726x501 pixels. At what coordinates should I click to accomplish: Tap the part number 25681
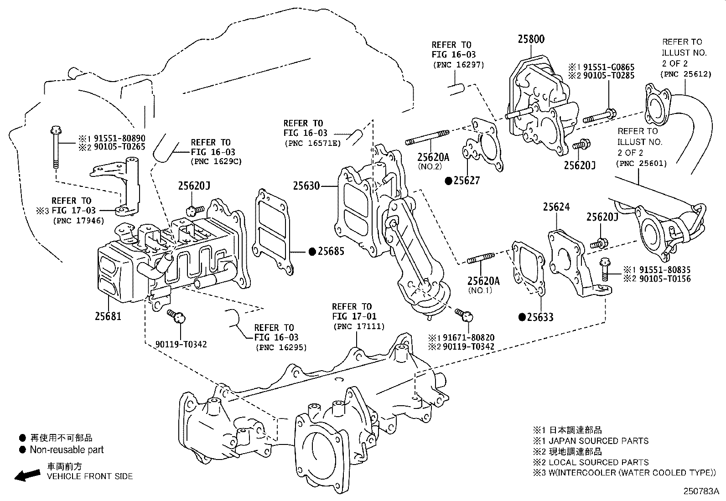pyautogui.click(x=108, y=315)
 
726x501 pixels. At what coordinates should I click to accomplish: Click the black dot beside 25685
pyautogui.click(x=312, y=251)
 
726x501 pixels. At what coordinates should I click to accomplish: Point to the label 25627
pyautogui.click(x=466, y=181)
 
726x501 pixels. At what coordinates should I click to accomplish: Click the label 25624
pyautogui.click(x=556, y=207)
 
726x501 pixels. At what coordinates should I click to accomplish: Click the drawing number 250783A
pyautogui.click(x=700, y=492)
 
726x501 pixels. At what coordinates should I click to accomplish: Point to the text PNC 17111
pyautogui.click(x=359, y=326)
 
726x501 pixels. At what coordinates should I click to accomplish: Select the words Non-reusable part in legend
pyautogui.click(x=67, y=450)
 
